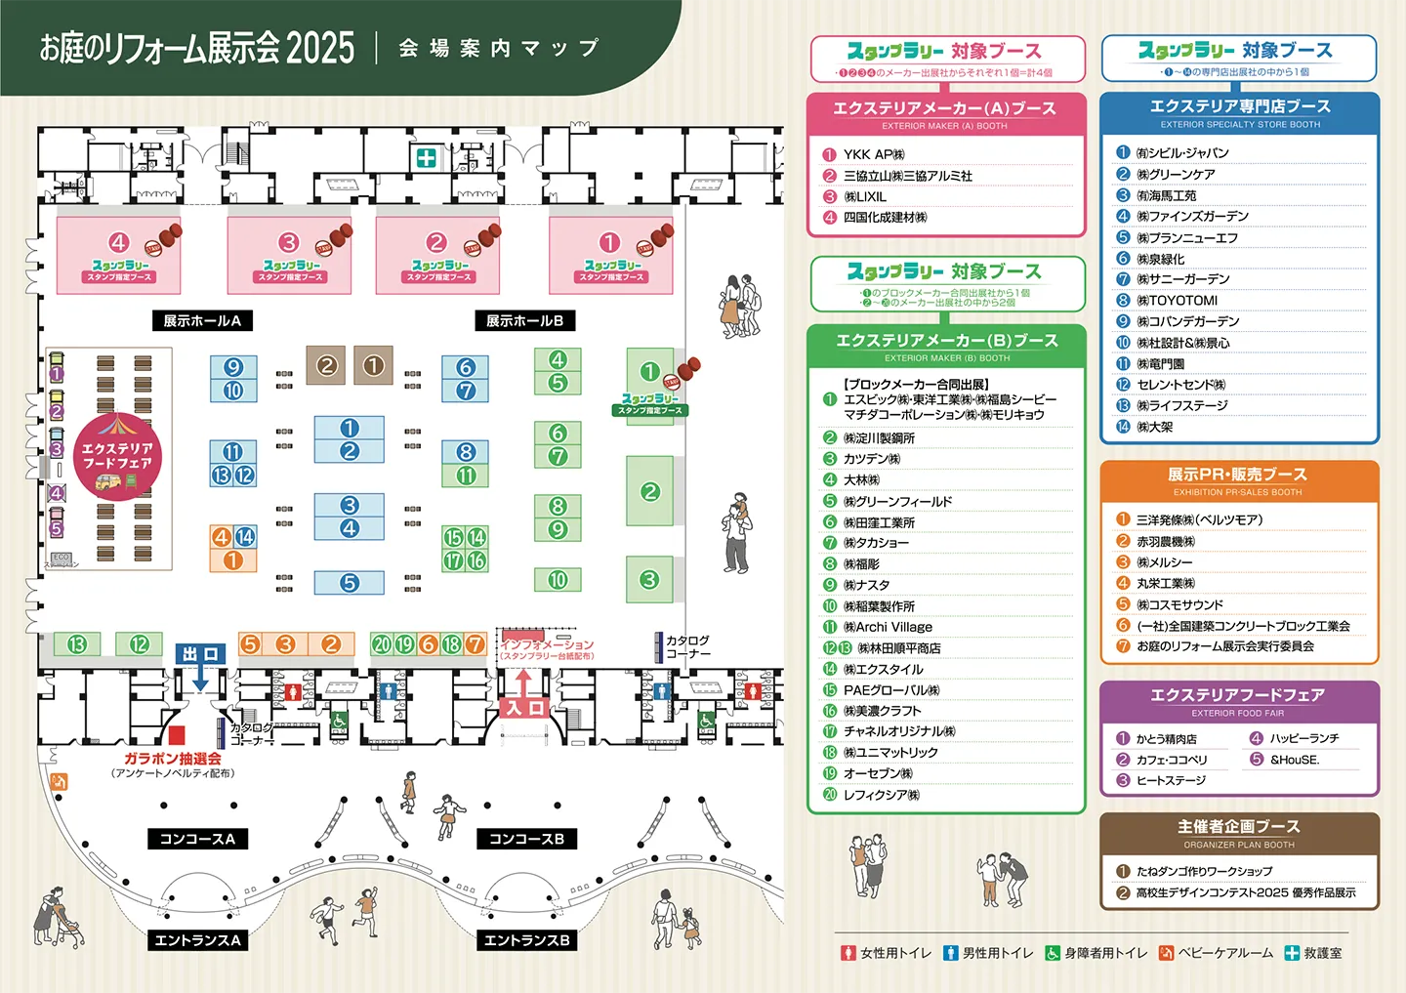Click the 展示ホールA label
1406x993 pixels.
(202, 320)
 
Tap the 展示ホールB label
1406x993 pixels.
(524, 320)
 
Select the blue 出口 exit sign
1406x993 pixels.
(200, 654)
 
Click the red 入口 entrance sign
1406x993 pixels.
(524, 708)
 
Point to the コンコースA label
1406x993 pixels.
(197, 839)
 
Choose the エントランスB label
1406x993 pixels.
(526, 940)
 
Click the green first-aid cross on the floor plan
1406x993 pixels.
(427, 158)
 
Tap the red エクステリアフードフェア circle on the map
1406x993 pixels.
(117, 457)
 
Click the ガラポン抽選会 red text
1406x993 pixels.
(173, 759)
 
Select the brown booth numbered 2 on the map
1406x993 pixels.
(326, 366)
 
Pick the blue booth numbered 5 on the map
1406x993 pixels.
(350, 583)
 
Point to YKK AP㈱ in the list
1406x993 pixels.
(874, 154)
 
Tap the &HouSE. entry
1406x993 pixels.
(1294, 760)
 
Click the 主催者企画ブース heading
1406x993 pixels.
(1238, 827)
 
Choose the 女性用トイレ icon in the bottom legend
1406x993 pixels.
(848, 953)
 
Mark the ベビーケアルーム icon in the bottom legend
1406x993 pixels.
(1166, 953)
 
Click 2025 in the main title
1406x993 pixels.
(320, 47)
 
